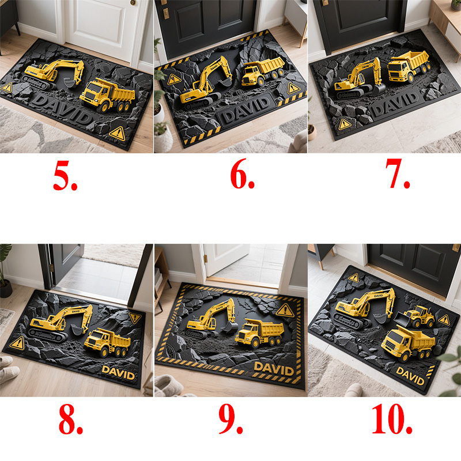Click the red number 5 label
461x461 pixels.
65,176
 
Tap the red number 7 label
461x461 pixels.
398,173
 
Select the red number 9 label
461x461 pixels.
231,418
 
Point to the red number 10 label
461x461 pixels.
392,418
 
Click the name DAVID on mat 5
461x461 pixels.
62,109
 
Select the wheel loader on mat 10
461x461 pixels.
414,316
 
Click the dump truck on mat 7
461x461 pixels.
408,67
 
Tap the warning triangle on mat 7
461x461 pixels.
345,124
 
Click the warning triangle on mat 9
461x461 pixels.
285,311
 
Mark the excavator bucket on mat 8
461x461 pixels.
77,330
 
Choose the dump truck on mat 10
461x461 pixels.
408,343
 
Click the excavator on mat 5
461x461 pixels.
54,74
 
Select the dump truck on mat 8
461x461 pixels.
108,342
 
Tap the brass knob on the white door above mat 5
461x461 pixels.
133,2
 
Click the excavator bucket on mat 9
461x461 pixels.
229,327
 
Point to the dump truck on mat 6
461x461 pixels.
263,71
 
